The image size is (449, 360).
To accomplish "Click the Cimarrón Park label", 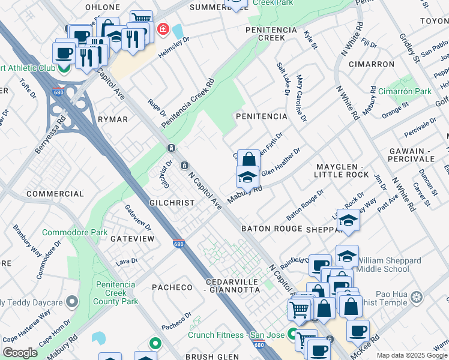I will point(405,92).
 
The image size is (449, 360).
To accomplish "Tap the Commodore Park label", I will point(74,232).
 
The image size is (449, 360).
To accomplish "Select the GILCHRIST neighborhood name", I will point(172,203).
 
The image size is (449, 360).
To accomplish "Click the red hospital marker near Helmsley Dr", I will point(161,29).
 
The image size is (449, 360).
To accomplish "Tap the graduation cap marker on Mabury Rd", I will point(247,177).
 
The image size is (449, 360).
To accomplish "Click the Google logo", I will point(20,353).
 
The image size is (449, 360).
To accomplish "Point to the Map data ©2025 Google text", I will point(412,355).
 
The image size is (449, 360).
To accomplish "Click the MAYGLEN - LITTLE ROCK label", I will point(341,170).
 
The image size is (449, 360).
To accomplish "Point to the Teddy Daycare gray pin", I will point(73,301).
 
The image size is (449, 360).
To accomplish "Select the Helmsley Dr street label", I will point(173,47).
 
